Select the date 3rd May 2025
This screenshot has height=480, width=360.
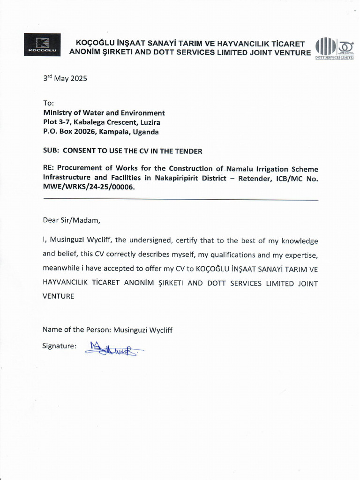(x=65, y=78)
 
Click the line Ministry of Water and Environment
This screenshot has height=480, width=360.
(x=104, y=113)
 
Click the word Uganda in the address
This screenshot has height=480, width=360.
(x=146, y=132)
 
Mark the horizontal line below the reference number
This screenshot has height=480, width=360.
(x=180, y=200)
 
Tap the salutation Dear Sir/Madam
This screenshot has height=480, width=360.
(x=71, y=219)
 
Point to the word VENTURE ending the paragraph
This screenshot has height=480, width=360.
(x=59, y=296)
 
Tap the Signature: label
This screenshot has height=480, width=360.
(x=60, y=345)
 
